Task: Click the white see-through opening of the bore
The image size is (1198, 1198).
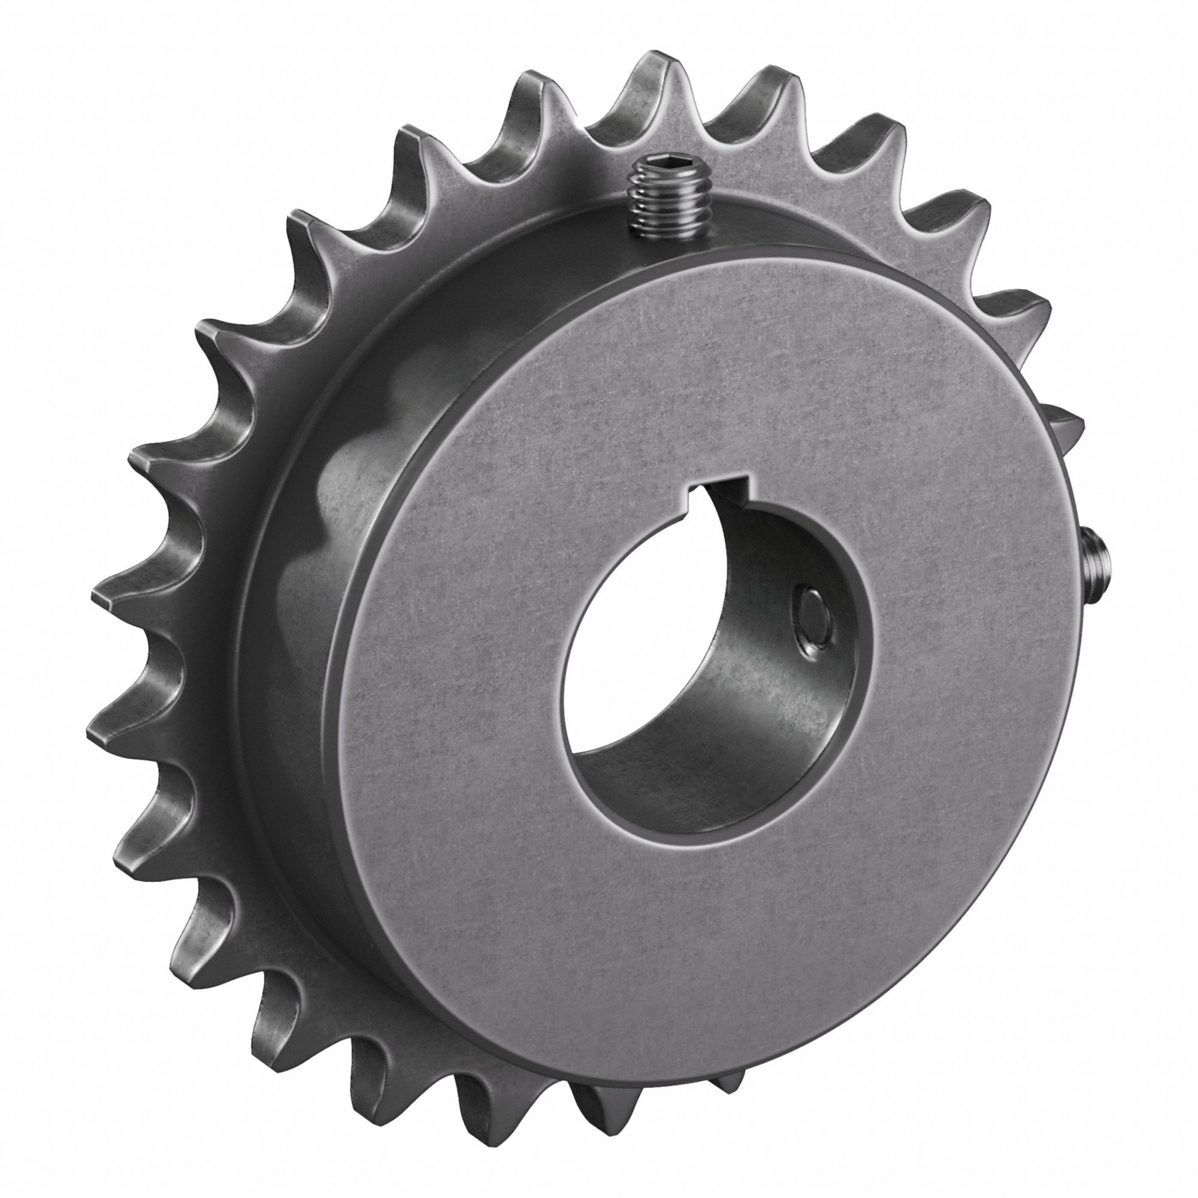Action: (x=627, y=670)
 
